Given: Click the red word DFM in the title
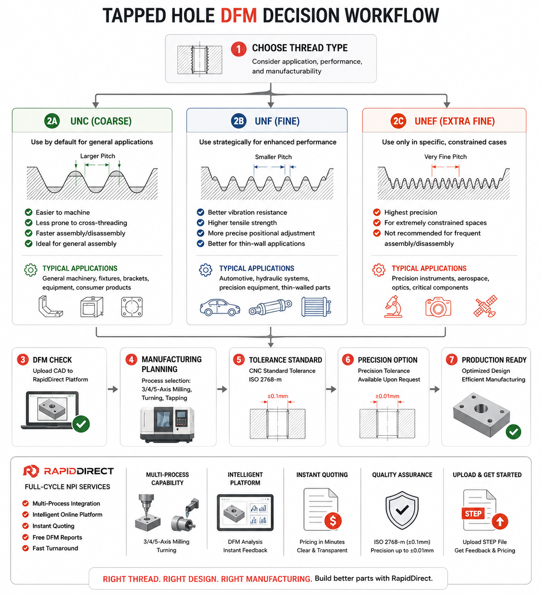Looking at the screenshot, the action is pos(239,15).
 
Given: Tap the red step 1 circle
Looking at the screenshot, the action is pos(239,49).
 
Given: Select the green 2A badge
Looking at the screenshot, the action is pos(52,121).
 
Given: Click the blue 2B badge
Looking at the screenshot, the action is pos(239,121).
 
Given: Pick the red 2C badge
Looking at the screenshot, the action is pos(398,121).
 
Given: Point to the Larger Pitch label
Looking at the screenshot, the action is pos(97,156).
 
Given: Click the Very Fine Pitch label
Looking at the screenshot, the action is pos(445,157).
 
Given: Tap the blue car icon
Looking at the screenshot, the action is pos(220,307).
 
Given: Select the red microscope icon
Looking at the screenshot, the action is pos(393,307).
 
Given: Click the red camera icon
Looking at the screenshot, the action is pos(438,307).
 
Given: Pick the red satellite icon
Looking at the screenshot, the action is pos(485,306).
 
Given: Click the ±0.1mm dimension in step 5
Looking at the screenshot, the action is pos(277,396).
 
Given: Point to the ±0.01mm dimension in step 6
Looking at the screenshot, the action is pos(387,396).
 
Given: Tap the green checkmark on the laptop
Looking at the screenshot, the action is pos(81,424).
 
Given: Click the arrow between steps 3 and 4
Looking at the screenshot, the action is pos(113,389).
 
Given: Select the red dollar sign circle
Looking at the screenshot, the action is pos(333,520).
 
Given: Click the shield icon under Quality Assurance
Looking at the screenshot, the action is pos(402,510).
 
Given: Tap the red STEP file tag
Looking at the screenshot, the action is pos(473,514).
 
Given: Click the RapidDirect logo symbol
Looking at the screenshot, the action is pos(31,471).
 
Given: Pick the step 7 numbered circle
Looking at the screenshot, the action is pos(451,360).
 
